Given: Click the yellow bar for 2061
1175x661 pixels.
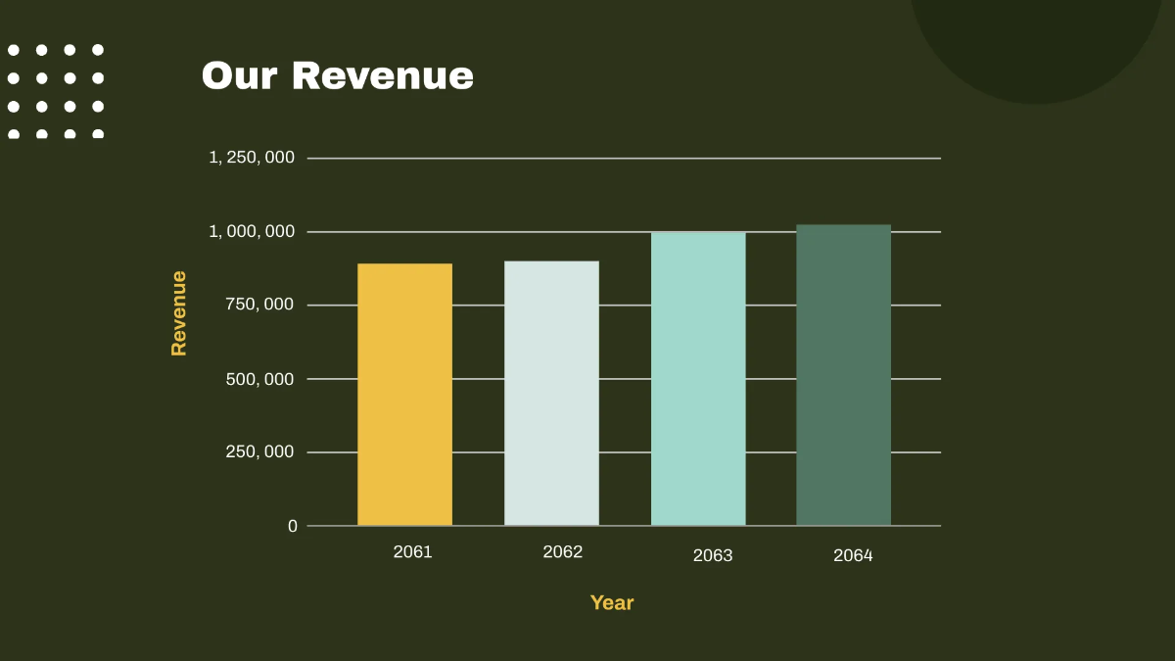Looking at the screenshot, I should (404, 395).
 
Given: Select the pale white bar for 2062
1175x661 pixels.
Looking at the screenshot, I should (551, 394).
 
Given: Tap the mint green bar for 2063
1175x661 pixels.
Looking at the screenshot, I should (698, 379).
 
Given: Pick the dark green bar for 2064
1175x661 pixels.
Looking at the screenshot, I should (843, 375).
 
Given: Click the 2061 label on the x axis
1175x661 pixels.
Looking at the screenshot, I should (412, 551).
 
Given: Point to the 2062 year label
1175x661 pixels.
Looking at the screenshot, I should (562, 552).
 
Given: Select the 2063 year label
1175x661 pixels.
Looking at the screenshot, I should (712, 555).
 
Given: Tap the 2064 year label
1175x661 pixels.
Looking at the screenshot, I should (853, 555).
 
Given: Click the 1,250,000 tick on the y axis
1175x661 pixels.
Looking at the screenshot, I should (252, 158).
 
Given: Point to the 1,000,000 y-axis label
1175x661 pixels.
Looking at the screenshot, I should (252, 231).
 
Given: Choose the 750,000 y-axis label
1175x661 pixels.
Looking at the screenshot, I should (258, 305).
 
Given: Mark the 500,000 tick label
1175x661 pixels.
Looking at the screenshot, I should (258, 379).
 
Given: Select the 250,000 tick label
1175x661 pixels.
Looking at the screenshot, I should (258, 452).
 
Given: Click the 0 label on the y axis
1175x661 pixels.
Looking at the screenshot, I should (292, 526).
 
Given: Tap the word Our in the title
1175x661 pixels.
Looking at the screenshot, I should (240, 76).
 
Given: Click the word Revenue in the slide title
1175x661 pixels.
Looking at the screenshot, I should (383, 76).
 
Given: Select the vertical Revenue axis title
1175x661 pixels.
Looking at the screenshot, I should (178, 312).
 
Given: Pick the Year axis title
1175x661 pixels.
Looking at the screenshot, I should (612, 603).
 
